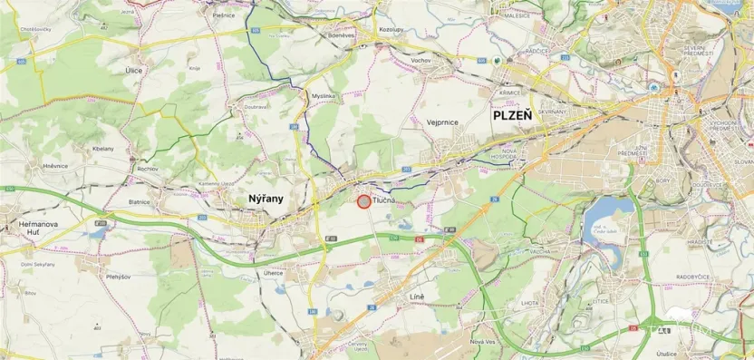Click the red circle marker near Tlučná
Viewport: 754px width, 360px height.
pyautogui.click(x=363, y=201)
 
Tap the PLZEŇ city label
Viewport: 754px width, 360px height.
pyautogui.click(x=517, y=116)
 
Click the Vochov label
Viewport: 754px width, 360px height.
pyautogui.click(x=420, y=59)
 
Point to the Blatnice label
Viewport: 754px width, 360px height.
pyautogui.click(x=139, y=202)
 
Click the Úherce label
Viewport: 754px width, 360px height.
pyautogui.click(x=273, y=272)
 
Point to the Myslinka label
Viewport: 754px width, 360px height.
pyautogui.click(x=323, y=95)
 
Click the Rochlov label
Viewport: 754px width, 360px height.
pyautogui.click(x=147, y=170)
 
